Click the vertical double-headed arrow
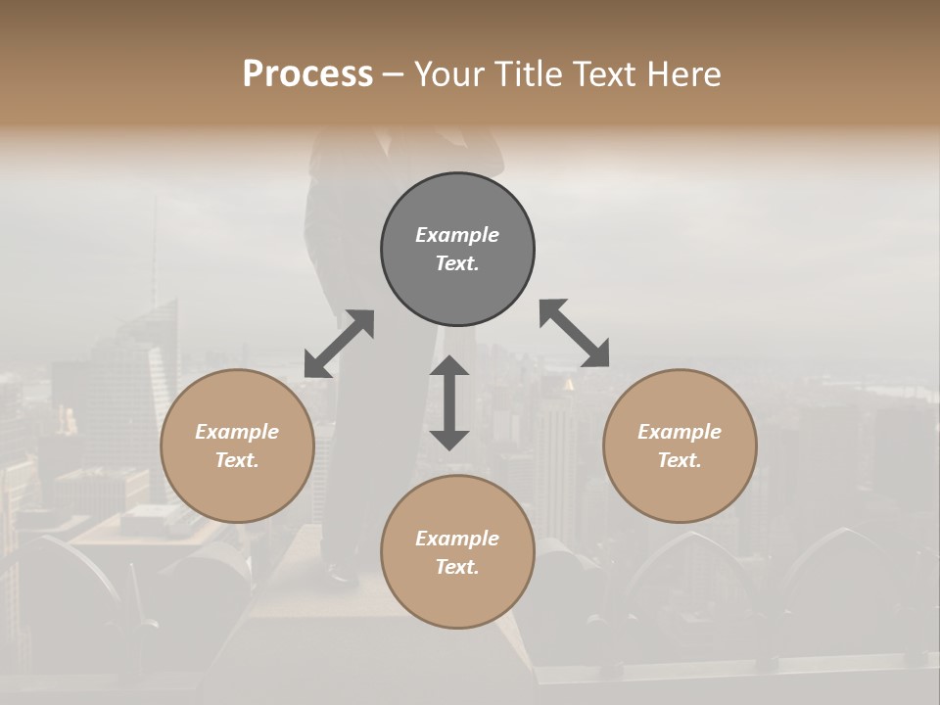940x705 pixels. coord(449,402)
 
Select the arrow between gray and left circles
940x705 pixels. coord(339,344)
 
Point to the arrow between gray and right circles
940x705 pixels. coord(574,334)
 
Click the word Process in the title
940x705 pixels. coord(307,73)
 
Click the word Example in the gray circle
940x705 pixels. coord(457,235)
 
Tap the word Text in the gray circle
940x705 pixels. coord(457,263)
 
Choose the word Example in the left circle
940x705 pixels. coord(237,432)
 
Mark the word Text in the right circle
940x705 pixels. coord(680,460)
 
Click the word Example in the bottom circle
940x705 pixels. coord(457,539)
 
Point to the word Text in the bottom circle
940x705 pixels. coord(457,567)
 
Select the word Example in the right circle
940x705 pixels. coord(680,432)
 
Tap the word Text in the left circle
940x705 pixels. coord(237,460)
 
